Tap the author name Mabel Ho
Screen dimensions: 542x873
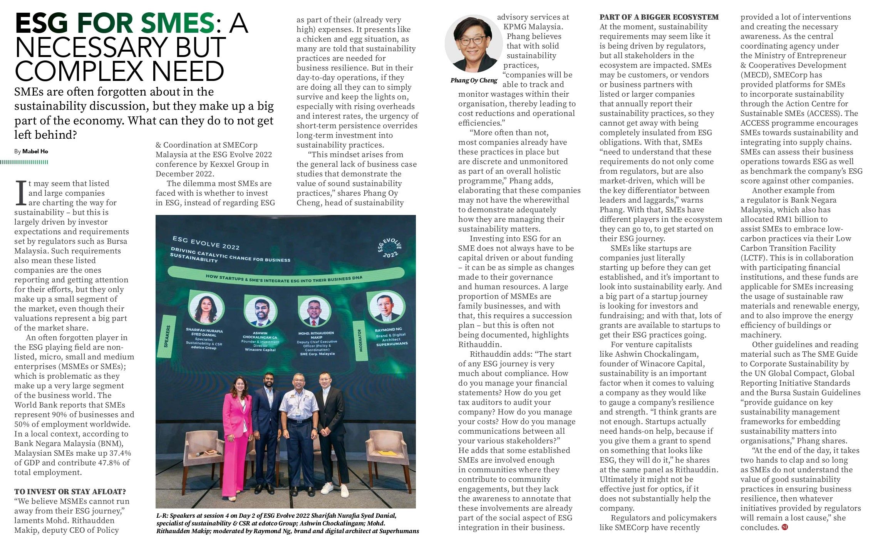pos(35,151)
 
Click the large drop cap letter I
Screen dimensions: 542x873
pos(20,193)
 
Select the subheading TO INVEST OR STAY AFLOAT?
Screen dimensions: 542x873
pos(70,492)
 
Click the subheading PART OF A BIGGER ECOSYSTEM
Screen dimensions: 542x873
pos(659,17)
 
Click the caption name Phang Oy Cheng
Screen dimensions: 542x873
pos(474,81)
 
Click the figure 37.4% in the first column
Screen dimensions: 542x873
pos(115,453)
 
